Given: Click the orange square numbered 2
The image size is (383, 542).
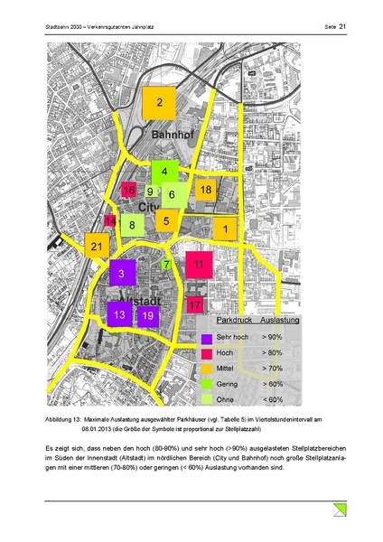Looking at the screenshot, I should (x=160, y=104).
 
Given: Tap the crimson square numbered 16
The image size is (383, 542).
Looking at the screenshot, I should (x=128, y=190).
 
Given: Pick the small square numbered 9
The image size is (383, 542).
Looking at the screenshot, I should (x=150, y=192).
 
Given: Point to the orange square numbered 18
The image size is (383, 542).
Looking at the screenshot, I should (x=206, y=190).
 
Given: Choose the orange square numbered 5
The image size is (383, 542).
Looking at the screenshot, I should (x=167, y=219).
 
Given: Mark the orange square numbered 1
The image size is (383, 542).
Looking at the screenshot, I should (x=225, y=230).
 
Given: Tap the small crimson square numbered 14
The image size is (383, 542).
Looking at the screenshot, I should (x=110, y=221).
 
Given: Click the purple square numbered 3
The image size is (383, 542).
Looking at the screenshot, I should (x=122, y=273).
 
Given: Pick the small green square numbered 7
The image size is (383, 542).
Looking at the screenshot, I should (x=167, y=265).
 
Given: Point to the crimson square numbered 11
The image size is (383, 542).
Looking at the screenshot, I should (x=199, y=265).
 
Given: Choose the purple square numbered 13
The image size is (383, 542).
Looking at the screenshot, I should (x=119, y=314).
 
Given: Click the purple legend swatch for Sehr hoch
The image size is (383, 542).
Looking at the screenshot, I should (x=207, y=337).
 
